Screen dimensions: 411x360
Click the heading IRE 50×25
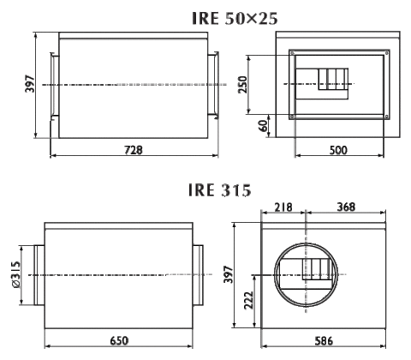click(x=235, y=18)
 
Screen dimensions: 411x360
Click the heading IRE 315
click(x=220, y=189)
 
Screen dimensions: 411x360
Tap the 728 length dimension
click(x=134, y=150)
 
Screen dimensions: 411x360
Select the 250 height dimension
click(x=242, y=85)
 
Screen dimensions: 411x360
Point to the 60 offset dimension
click(x=264, y=126)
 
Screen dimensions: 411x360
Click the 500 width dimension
click(x=338, y=150)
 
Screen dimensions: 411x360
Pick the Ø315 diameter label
click(x=16, y=274)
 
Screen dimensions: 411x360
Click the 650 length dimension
click(x=119, y=340)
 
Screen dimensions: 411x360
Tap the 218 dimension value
click(x=283, y=207)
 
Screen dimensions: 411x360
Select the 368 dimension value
click(x=346, y=207)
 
